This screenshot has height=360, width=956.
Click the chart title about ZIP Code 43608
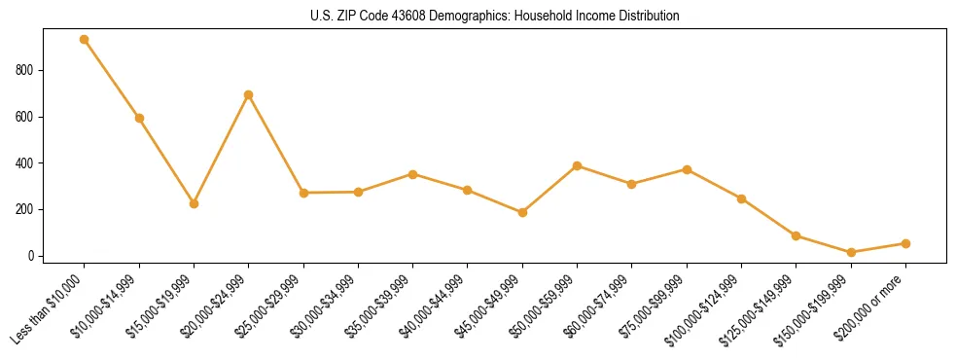[x=494, y=17]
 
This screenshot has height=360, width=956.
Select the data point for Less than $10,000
[x=85, y=40]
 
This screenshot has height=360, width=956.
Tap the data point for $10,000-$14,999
[x=139, y=118]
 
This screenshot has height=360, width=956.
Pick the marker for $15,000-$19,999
[x=194, y=203]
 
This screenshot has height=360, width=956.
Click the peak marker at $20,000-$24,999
[x=249, y=94]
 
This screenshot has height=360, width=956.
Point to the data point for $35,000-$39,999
[x=412, y=174]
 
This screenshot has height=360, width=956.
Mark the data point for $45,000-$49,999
[x=522, y=212]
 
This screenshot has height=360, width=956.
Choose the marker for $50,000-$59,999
[x=577, y=165]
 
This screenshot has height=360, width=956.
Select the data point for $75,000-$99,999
[x=687, y=169]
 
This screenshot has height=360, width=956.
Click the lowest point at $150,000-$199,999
[x=851, y=252]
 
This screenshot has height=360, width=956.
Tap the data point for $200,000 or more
[x=905, y=243]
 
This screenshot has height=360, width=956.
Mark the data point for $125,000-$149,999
[x=796, y=235]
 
